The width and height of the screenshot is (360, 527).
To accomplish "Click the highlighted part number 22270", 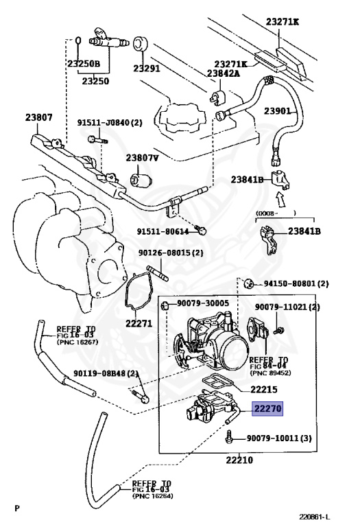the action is (x=267, y=409).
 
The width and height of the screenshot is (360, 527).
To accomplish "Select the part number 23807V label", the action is (x=142, y=157).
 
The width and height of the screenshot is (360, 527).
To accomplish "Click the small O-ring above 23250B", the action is (x=77, y=40).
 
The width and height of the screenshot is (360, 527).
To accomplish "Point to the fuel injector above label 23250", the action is (x=108, y=38).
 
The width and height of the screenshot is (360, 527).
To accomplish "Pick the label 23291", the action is (x=147, y=68).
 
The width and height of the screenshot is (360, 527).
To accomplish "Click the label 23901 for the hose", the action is (x=277, y=110).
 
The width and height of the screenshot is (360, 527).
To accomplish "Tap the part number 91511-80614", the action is (x=163, y=231).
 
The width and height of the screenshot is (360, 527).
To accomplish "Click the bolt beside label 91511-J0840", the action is (x=97, y=139).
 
